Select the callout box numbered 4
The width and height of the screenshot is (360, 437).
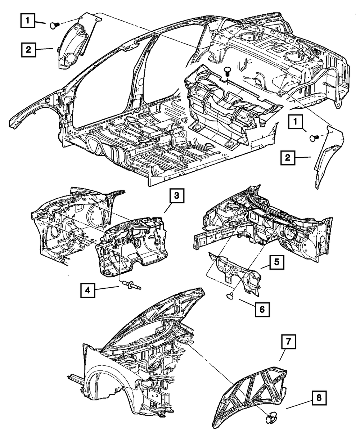point(88,290)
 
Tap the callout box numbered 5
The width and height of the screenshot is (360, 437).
point(276,262)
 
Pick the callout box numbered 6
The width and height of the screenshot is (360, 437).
point(262,309)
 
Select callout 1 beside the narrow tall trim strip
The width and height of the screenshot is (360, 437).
point(295,122)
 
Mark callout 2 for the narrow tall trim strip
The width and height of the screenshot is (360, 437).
point(288,158)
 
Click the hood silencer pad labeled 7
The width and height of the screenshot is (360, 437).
point(252,396)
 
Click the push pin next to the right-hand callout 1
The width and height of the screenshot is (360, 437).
point(314,137)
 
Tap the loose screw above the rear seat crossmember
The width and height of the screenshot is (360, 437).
point(227,71)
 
